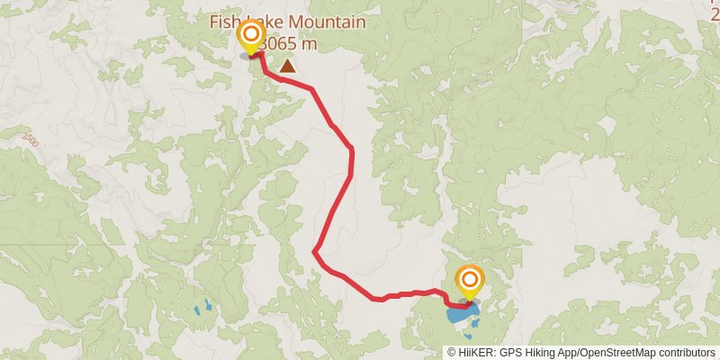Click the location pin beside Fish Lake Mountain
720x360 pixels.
click(x=250, y=37)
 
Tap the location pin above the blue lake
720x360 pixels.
click(x=469, y=280)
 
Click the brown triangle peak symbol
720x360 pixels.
click(x=287, y=65)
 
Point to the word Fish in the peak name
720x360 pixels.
click(x=226, y=22)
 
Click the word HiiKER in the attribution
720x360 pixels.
click(x=476, y=353)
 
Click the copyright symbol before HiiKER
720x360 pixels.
click(x=452, y=353)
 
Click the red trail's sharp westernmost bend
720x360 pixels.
click(x=314, y=252)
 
